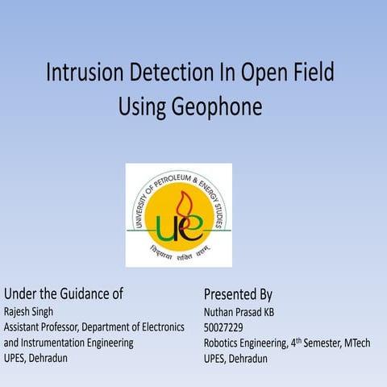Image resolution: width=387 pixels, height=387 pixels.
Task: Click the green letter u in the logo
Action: point(168,227)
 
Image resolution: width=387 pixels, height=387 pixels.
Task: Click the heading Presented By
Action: point(238,293)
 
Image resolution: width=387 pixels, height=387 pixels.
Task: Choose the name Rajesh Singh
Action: point(28,311)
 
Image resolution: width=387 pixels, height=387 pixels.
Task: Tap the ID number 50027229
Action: point(223,327)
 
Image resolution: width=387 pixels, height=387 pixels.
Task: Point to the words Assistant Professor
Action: point(40,327)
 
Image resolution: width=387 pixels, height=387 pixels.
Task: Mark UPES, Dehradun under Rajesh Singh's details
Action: point(35,359)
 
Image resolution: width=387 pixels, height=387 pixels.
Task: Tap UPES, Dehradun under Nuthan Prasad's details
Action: point(235,359)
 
